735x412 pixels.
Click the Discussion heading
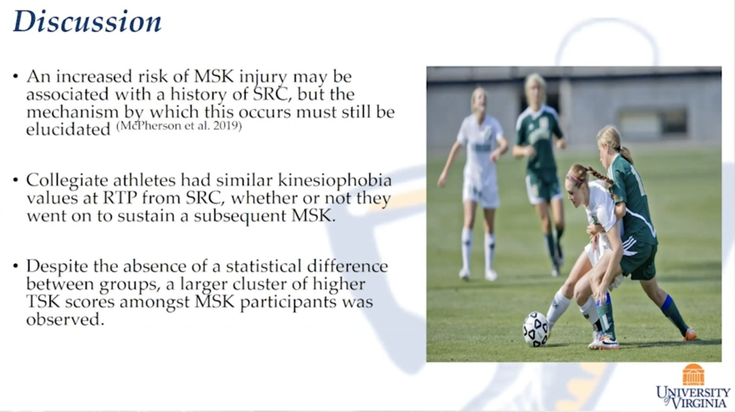pyautogui.click(x=87, y=22)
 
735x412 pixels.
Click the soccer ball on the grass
pyautogui.click(x=535, y=329)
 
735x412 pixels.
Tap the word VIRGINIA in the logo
pyautogui.click(x=698, y=402)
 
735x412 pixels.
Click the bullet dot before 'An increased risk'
pyautogui.click(x=15, y=78)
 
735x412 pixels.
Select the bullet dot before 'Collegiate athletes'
pyautogui.click(x=15, y=182)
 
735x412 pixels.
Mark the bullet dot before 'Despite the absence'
pyautogui.click(x=15, y=268)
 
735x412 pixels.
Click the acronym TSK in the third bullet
pyautogui.click(x=42, y=303)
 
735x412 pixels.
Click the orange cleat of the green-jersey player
pyautogui.click(x=690, y=335)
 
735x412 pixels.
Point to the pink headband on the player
pyautogui.click(x=576, y=180)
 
